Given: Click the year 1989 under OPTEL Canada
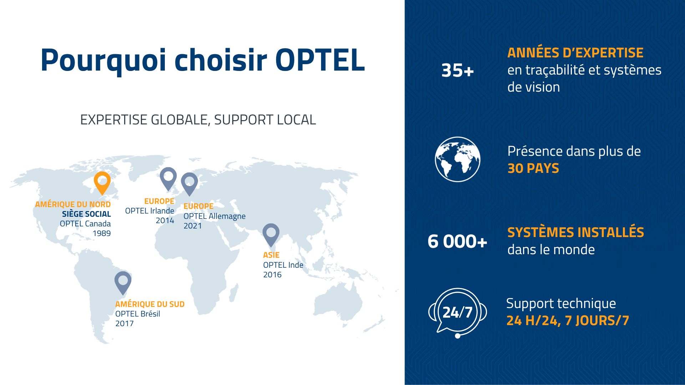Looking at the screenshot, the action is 102,233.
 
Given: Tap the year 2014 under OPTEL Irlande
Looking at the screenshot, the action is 165,220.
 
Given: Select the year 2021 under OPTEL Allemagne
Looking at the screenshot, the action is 193,226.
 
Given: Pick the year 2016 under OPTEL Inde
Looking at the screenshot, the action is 272,274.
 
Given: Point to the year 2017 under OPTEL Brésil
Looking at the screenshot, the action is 125,323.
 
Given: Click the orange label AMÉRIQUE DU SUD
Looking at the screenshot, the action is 150,304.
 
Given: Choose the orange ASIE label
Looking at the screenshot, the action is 271,255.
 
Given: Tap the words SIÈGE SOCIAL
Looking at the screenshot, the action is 86,214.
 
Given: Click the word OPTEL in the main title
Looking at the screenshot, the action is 320,60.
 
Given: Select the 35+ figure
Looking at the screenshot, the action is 457,70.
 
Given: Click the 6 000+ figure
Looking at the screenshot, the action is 457,241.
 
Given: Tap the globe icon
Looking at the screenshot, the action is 457,159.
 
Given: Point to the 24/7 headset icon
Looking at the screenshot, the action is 457,313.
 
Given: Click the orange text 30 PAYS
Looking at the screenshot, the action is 533,168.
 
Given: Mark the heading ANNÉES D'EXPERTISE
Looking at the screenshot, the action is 575,53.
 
